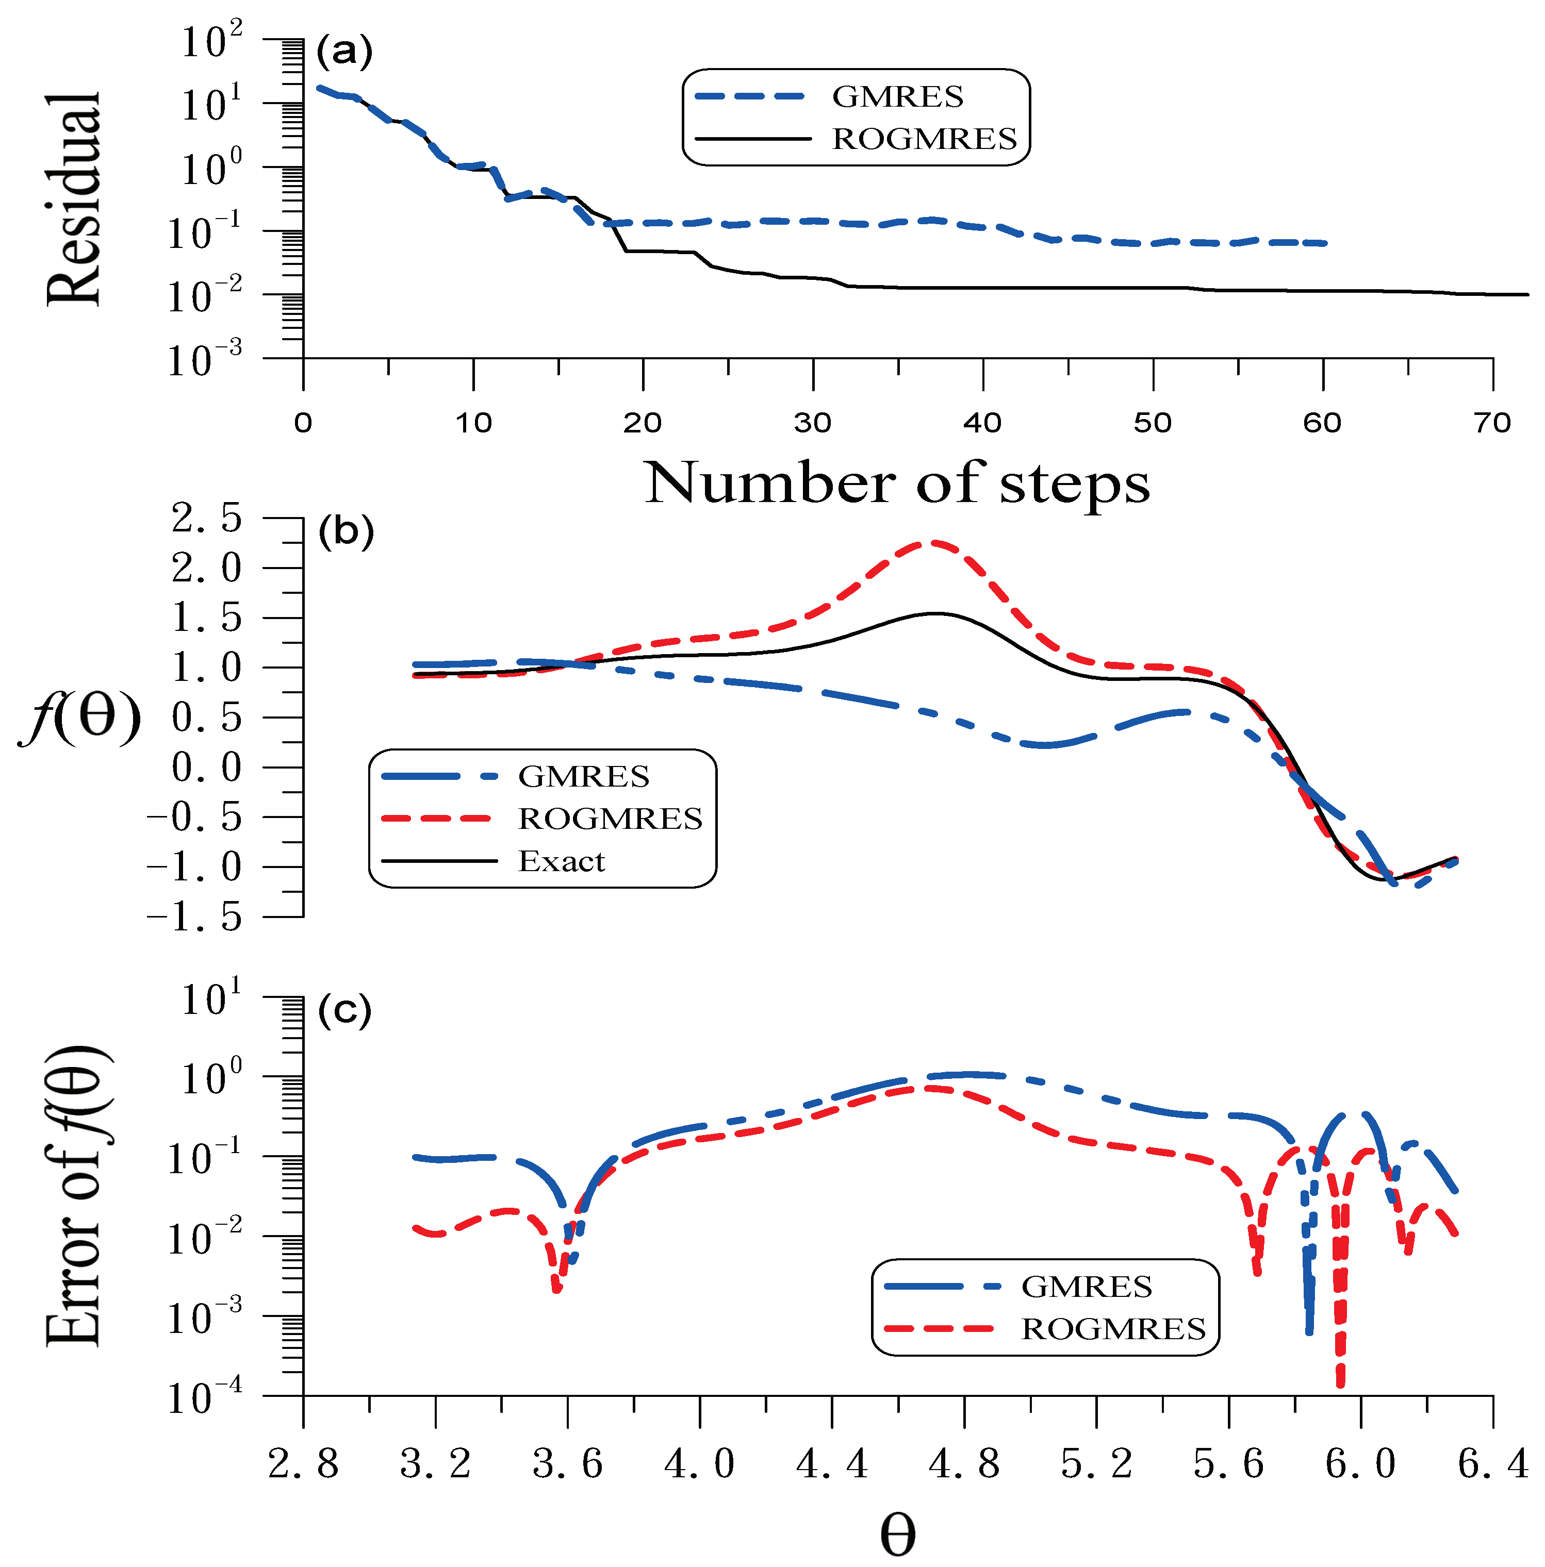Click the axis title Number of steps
click(897, 484)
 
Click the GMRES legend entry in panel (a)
click(897, 96)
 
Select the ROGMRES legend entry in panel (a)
click(924, 139)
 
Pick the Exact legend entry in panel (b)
click(562, 860)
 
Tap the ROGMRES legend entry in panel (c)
click(1112, 1328)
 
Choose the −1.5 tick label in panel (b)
click(195, 918)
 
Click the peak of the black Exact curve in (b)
click(937, 613)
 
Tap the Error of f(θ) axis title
click(75, 1196)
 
